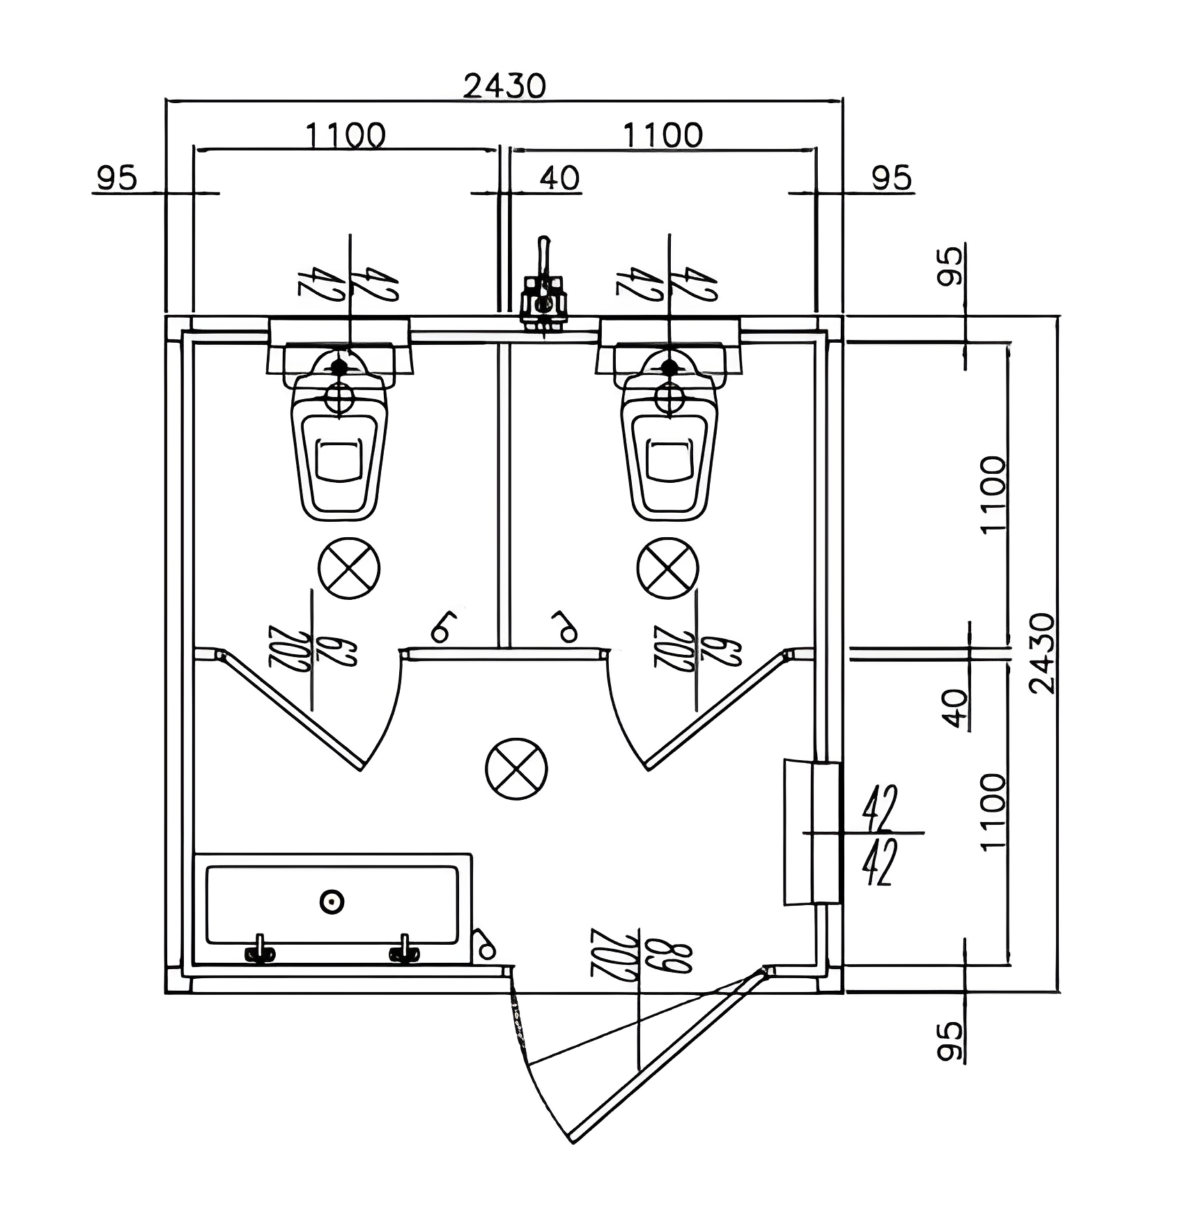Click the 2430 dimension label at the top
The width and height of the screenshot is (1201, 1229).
(x=504, y=86)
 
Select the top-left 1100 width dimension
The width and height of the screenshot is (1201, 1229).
(x=346, y=134)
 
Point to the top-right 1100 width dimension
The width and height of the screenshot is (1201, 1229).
(x=663, y=134)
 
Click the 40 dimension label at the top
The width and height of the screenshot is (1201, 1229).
(x=559, y=178)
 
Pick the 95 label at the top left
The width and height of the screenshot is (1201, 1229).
(x=116, y=178)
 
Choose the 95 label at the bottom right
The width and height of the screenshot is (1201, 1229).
(x=950, y=1041)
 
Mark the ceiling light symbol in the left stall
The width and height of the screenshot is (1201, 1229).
(x=349, y=568)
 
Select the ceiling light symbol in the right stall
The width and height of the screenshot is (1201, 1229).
(x=667, y=568)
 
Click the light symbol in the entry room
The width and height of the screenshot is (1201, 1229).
(x=516, y=769)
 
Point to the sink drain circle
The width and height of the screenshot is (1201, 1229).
(x=332, y=902)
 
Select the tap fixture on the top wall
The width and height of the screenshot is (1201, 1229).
(x=544, y=293)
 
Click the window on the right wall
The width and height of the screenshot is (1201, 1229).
(x=812, y=833)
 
